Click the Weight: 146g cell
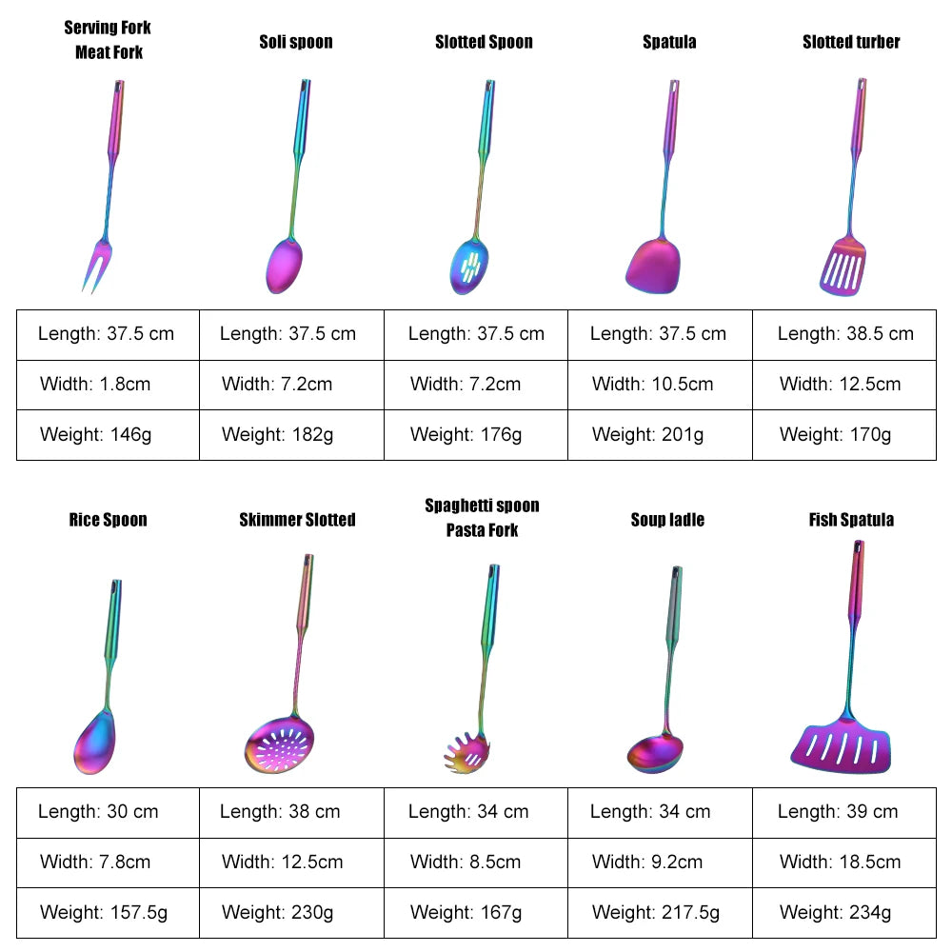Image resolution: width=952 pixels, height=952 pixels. tap(108, 435)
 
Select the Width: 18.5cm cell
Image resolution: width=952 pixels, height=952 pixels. tap(844, 863)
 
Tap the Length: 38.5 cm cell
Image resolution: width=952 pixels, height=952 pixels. tap(844, 334)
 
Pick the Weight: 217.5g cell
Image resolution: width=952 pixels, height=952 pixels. tap(660, 913)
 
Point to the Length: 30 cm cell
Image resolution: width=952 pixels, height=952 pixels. tap(108, 812)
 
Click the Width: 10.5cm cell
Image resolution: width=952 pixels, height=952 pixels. tap(660, 385)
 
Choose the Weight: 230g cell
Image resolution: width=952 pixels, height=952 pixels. tap(291, 913)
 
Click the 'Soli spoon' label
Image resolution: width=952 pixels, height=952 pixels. tap(296, 42)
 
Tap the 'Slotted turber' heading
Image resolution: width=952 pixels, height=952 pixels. tap(851, 42)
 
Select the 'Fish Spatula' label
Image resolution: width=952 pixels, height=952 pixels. tap(851, 520)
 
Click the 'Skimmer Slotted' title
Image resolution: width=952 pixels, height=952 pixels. tap(297, 520)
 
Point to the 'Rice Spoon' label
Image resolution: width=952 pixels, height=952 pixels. tap(108, 520)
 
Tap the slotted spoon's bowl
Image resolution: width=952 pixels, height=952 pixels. tap(468, 265)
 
